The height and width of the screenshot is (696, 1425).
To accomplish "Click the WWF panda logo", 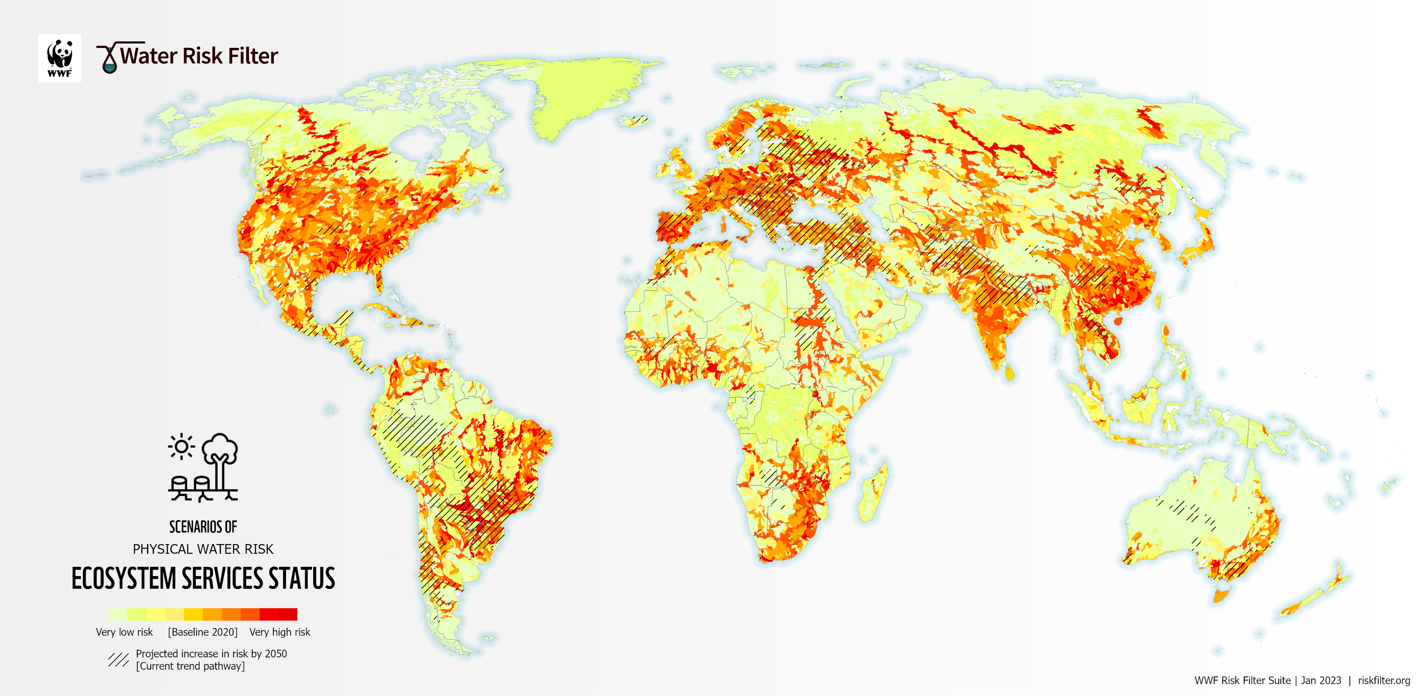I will tap(59, 58).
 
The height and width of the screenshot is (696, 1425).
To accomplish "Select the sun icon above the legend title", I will tap(181, 447).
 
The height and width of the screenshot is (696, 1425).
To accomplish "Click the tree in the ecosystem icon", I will tap(220, 459).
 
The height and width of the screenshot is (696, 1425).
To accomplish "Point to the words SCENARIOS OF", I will tap(203, 527).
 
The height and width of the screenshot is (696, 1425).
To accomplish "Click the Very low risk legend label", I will tap(124, 632).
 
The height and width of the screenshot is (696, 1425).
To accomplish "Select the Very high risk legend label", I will tap(279, 632).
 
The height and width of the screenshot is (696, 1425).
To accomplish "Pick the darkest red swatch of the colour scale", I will tap(288, 614).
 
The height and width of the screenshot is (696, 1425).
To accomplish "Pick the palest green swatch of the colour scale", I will tap(117, 614).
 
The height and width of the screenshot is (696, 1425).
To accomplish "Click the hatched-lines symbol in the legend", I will tap(118, 659).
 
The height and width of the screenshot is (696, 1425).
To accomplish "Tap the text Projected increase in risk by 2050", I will tap(211, 653).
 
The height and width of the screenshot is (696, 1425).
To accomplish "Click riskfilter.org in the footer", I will tap(1384, 681).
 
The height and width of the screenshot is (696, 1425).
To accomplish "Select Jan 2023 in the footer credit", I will tap(1321, 681).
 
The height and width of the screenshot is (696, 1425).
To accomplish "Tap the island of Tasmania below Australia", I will tap(1221, 596).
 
